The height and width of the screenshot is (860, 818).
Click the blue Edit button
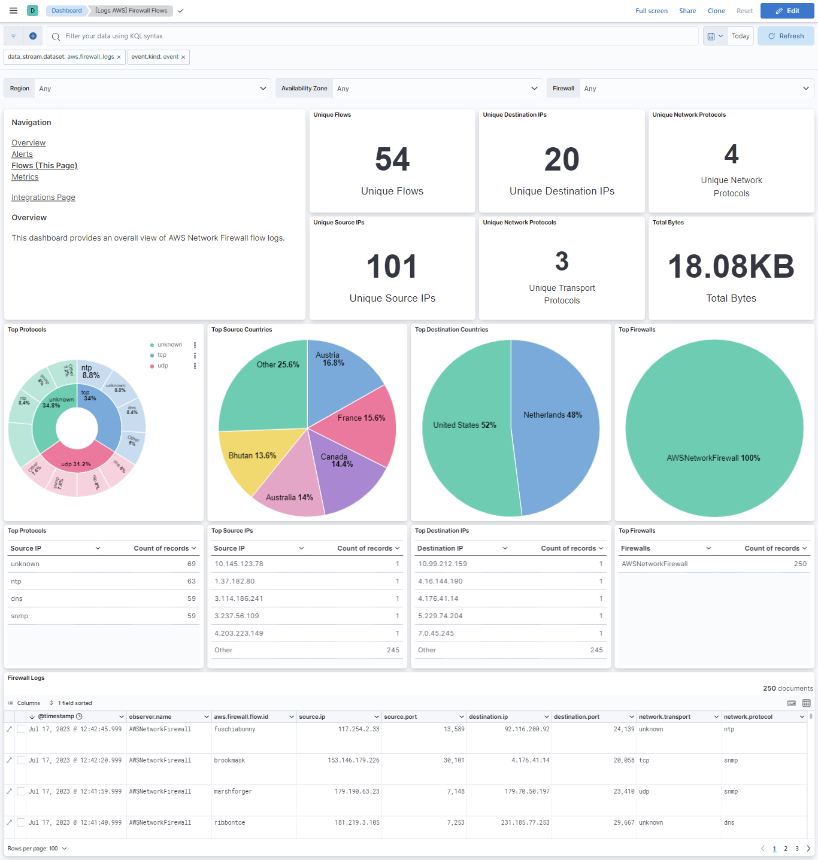point(787,11)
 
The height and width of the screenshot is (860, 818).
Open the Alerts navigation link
point(22,154)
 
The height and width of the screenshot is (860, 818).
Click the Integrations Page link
point(43,197)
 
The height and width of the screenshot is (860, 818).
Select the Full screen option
point(651,11)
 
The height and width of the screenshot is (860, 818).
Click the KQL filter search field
point(371,36)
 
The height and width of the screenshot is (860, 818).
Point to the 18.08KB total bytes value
point(731,267)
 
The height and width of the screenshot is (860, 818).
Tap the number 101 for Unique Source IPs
point(392,267)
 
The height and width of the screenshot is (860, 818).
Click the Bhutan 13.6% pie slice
point(252,456)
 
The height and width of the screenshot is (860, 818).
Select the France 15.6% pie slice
point(361,418)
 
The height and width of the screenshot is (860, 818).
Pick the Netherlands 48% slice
point(552,415)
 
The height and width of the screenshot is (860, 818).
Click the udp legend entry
point(163,366)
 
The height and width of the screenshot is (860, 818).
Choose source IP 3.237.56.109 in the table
point(237,616)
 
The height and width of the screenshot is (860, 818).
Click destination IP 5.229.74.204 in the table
point(440,616)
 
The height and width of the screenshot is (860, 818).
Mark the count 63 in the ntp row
point(191,581)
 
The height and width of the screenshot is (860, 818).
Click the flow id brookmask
point(229,761)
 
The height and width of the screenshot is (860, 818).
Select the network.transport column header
point(664,717)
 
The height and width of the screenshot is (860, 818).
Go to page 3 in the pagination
point(796,849)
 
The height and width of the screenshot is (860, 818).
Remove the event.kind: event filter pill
point(183,57)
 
